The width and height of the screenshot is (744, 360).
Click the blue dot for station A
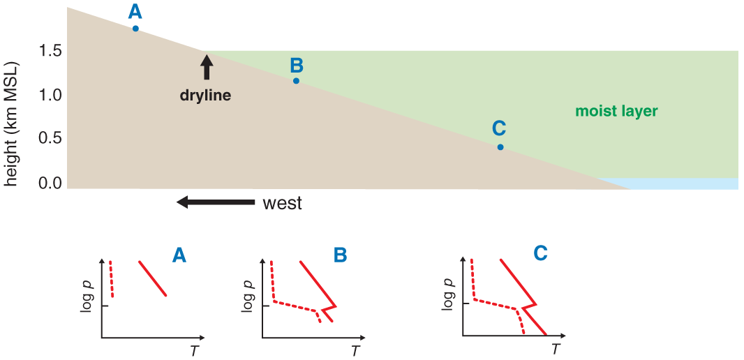click(135, 29)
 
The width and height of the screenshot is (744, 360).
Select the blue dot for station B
click(296, 81)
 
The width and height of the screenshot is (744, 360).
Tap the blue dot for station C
click(500, 147)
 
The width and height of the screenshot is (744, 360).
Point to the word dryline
click(205, 96)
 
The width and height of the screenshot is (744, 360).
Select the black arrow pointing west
click(216, 202)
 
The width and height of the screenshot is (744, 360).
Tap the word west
click(283, 204)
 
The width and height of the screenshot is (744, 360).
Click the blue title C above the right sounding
click(540, 254)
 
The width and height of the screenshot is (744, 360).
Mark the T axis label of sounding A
click(194, 350)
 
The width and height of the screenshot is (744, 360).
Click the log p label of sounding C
click(447, 293)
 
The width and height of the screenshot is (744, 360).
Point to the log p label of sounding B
click(248, 296)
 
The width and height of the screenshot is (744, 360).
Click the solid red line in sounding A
click(152, 278)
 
